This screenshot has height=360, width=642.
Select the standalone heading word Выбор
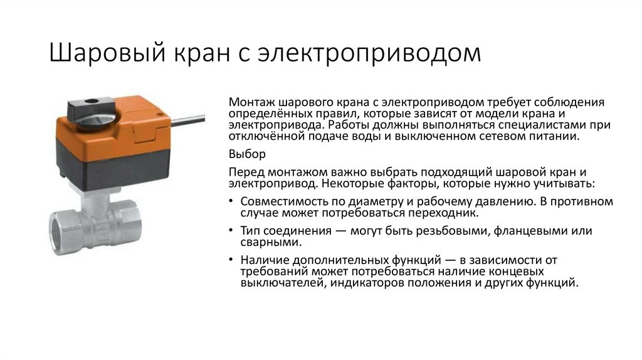point(248,154)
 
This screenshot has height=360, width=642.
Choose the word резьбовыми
point(436,231)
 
